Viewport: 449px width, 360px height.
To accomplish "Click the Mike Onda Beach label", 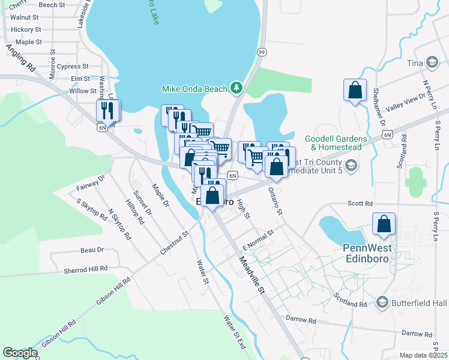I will (195, 89).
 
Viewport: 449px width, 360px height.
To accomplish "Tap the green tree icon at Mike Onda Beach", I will (237, 89).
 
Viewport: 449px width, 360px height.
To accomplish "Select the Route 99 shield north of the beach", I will (262, 53).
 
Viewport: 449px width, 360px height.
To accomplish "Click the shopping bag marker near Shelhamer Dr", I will (355, 91).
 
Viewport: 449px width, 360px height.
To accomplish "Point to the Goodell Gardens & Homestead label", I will (333, 143).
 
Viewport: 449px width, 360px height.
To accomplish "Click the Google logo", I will (20, 353).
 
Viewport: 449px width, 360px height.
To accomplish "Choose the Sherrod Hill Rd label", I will (85, 270).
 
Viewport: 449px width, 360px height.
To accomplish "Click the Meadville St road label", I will (252, 275).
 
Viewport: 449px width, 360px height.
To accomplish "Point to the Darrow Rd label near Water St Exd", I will (301, 320).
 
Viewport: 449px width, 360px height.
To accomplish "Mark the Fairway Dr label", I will (91, 182).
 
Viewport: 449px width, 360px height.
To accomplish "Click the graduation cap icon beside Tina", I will (432, 63).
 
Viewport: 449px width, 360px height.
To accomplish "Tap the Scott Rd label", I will (360, 204).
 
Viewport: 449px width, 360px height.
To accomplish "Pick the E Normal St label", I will (257, 239).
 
